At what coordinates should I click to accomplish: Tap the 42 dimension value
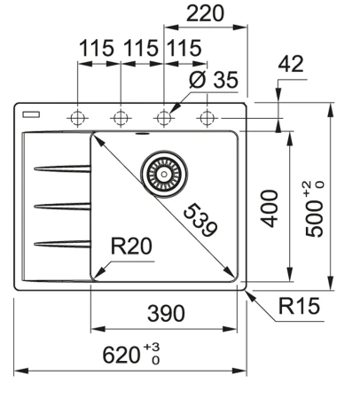click(x=290, y=64)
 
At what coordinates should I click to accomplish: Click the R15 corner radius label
click(x=297, y=308)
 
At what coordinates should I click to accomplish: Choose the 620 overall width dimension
click(x=127, y=356)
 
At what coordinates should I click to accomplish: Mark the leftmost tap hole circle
click(x=78, y=118)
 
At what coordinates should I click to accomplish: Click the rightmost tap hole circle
click(x=207, y=118)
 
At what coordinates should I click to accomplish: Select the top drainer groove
click(x=59, y=168)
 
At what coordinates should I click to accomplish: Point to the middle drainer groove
click(x=59, y=206)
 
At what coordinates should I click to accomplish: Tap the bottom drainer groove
click(x=59, y=242)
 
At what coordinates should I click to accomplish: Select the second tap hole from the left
click(x=121, y=118)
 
